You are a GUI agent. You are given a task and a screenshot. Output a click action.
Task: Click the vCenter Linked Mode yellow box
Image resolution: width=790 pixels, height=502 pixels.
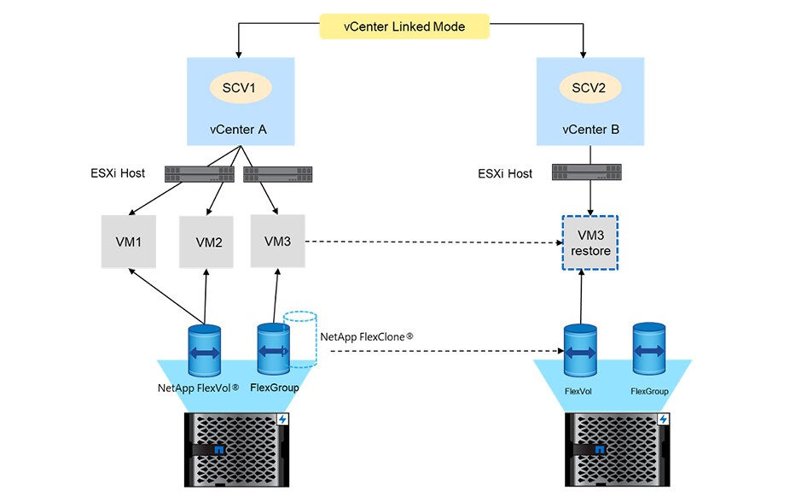pos(405,26)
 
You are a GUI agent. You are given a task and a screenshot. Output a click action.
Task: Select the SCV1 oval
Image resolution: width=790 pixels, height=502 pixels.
pos(239,86)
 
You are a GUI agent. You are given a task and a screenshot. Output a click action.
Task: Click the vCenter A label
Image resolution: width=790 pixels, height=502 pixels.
pos(239,130)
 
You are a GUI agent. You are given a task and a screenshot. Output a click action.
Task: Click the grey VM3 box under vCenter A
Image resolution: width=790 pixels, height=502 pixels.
pos(278,241)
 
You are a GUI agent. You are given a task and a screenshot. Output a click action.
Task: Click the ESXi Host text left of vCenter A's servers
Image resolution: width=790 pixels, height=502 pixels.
pos(118,173)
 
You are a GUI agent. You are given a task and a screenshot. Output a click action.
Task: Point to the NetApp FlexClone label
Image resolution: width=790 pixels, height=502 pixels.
pos(367,336)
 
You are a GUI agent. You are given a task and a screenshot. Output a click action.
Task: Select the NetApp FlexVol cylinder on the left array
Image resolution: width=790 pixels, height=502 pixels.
pos(205,349)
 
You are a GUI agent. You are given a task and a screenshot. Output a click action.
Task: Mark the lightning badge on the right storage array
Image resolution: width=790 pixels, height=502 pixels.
pos(664,420)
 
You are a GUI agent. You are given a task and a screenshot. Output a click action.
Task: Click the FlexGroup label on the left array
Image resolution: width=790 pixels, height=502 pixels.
pos(273,387)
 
